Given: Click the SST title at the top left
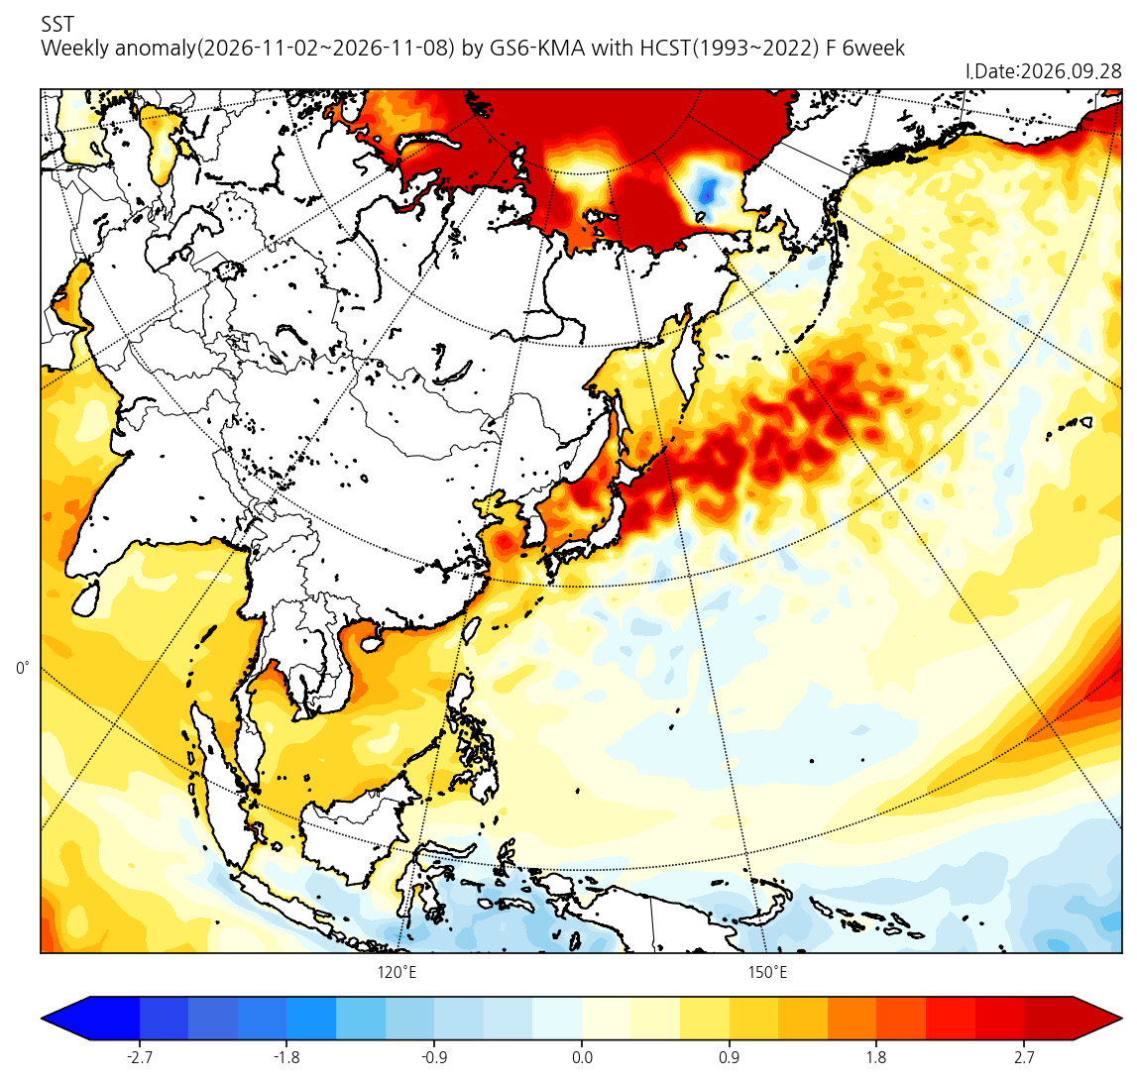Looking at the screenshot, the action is click(x=57, y=25).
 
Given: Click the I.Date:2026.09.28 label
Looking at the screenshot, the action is click(x=1044, y=71).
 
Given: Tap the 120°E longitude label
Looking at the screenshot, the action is click(x=397, y=972).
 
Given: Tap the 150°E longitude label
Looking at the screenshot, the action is click(x=768, y=972).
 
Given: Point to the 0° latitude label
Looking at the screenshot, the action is click(x=23, y=668).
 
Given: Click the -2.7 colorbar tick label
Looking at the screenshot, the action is click(x=139, y=1057).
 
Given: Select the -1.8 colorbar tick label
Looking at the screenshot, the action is click(x=286, y=1057).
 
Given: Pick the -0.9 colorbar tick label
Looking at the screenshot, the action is click(x=433, y=1057).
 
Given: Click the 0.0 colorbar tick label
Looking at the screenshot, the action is click(x=582, y=1057).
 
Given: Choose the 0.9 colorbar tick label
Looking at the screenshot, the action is click(x=729, y=1057).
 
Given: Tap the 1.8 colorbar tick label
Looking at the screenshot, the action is click(x=876, y=1057).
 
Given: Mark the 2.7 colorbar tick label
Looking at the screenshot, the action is click(x=1024, y=1057).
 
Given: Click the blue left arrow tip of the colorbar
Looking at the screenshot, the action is click(x=42, y=1019).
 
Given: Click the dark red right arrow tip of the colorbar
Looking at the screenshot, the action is click(x=1121, y=1019).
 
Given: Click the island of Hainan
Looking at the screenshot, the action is click(x=372, y=642).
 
